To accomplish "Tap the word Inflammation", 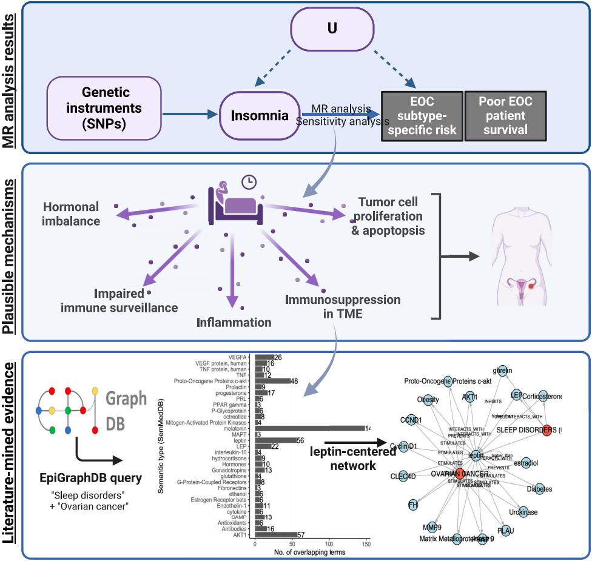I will pos(234,321).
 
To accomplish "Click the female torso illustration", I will pos(519,249).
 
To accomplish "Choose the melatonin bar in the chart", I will pos(309,428).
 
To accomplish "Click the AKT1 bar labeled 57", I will pos(276,534).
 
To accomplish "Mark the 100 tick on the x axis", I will pos(330,545).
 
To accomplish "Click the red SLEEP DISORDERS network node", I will pos(547,430).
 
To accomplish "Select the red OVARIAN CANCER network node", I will pos(459,474).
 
